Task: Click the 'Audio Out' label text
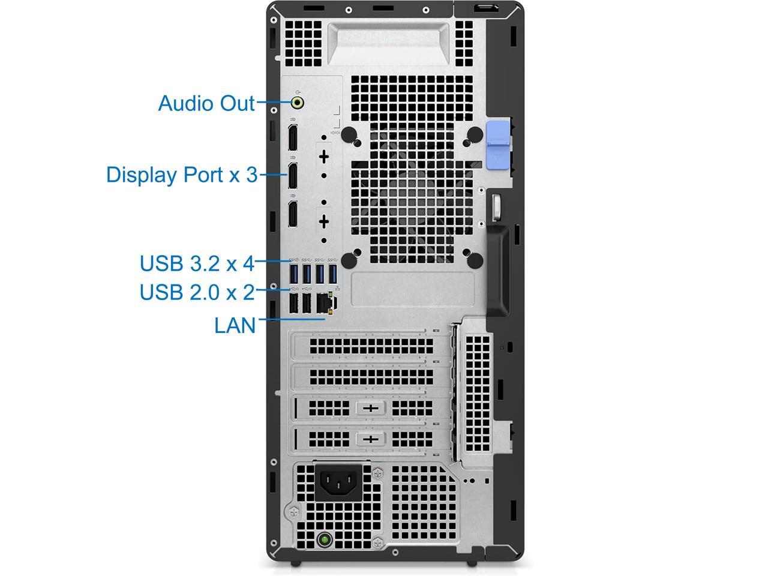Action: coord(206,103)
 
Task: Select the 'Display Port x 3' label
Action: coord(181,175)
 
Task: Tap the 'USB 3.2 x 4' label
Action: coord(197,263)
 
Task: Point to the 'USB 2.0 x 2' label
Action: coord(197,292)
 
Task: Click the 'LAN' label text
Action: coord(235,325)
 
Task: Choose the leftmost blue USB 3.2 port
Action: coord(293,274)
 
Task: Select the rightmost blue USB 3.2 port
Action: coord(334,274)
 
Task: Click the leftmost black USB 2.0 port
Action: coord(293,303)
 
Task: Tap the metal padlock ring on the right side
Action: coord(497,206)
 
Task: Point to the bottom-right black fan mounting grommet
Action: coord(475,260)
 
